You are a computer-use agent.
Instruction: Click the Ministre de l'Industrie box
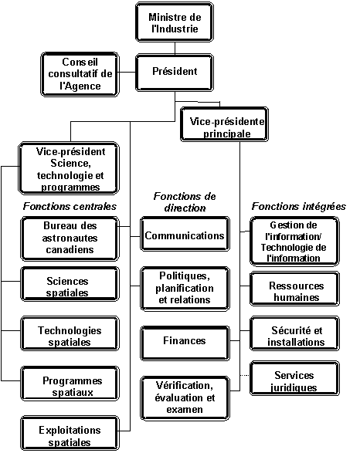coord(175,22)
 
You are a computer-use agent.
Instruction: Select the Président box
coord(175,73)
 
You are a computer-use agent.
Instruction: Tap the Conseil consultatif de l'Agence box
coord(80,74)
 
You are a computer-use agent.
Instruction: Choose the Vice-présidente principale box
coord(224,124)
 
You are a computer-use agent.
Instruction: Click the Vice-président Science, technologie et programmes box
coord(69,168)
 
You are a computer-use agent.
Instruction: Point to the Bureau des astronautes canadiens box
coord(70,239)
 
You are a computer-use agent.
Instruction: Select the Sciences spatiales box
coord(70,284)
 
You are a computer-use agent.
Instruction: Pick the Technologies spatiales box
coord(70,333)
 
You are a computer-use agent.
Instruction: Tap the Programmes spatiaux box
coord(70,384)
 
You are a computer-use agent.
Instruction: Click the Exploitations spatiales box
coord(70,433)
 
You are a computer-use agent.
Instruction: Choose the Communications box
coord(185,234)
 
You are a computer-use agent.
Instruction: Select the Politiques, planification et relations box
coord(185,289)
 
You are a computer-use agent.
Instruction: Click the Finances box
coord(185,343)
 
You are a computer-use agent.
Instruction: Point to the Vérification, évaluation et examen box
coord(185,398)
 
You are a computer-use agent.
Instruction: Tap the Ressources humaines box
coord(294,289)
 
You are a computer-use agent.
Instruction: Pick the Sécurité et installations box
coord(294,333)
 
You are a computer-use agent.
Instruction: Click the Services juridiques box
coord(294,378)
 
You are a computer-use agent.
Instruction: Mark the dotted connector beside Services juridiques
coord(245,376)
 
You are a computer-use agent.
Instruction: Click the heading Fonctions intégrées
coord(299,206)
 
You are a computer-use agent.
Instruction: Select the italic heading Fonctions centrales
coord(70,206)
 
